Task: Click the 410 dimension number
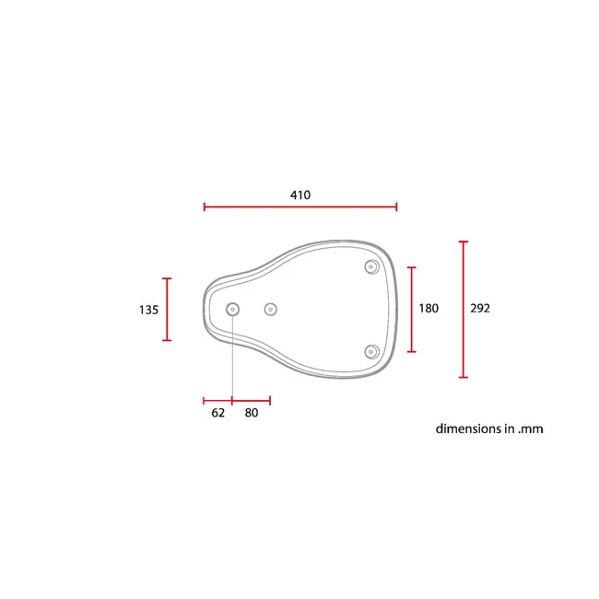(x=300, y=195)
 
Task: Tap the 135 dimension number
(x=148, y=310)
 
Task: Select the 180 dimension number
(x=429, y=309)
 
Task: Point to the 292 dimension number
(x=480, y=309)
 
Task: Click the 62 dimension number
(x=218, y=413)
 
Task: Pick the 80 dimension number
(x=252, y=413)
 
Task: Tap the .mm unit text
(x=531, y=429)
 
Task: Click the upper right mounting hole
(x=371, y=266)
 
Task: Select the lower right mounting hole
(x=371, y=352)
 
